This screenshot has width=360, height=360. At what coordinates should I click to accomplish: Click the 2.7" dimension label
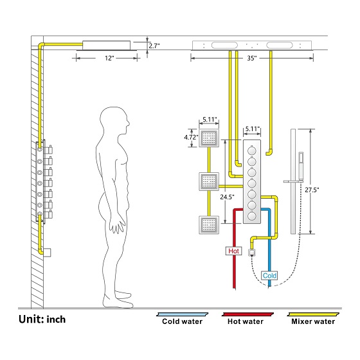(154, 46)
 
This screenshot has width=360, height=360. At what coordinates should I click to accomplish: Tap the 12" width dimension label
(109, 58)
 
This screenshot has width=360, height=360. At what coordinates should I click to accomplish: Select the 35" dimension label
(252, 58)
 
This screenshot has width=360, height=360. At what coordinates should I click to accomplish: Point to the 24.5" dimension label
(228, 197)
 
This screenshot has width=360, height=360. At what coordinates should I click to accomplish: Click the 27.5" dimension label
(312, 190)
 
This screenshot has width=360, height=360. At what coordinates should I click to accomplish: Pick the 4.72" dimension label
(191, 138)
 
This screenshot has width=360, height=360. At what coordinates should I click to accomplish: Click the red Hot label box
(234, 251)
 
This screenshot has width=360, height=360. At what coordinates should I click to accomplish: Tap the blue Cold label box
(269, 276)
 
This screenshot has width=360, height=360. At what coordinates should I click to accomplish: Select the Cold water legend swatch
(183, 314)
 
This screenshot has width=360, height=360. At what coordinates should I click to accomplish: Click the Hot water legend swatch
(248, 314)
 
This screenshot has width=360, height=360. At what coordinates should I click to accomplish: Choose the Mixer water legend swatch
(313, 314)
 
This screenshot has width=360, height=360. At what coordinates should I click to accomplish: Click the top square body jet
(209, 138)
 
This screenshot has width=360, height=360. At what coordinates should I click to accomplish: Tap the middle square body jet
(209, 181)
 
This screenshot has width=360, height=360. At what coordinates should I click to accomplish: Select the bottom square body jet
(209, 225)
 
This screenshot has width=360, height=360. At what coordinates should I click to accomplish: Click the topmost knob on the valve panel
(252, 150)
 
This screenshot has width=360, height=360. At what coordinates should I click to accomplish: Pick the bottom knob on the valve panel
(252, 216)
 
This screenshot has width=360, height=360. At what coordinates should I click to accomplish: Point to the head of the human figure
(115, 121)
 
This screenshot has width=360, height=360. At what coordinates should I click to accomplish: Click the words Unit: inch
(42, 319)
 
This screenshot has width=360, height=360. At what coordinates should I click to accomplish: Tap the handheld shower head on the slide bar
(301, 166)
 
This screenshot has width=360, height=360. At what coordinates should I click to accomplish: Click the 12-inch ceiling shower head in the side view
(107, 46)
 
